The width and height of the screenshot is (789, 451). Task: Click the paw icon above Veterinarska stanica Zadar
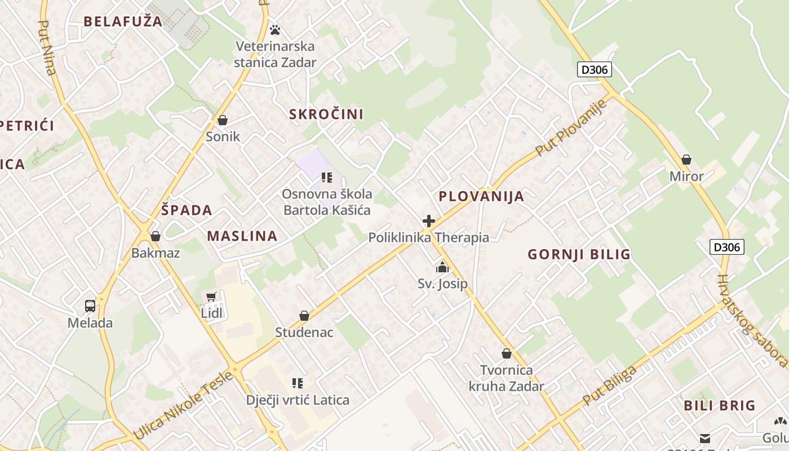[x=275, y=29]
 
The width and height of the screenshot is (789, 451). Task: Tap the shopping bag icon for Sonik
[x=223, y=120]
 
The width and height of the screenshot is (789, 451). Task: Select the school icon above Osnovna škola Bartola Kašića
[x=327, y=178]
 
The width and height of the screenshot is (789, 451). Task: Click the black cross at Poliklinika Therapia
[x=429, y=220]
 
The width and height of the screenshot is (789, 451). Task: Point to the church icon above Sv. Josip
[x=442, y=267]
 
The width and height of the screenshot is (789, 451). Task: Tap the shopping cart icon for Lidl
[x=211, y=297]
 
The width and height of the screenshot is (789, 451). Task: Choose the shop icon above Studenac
[x=304, y=316]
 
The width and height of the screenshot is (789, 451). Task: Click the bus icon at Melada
[x=90, y=306]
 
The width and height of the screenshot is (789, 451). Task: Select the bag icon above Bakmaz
[x=156, y=236]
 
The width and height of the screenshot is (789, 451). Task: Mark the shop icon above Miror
[x=686, y=160]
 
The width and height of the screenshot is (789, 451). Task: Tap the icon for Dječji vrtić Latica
[x=298, y=383]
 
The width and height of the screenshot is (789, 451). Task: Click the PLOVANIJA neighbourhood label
[x=481, y=196]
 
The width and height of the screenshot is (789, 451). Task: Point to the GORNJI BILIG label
[x=579, y=254]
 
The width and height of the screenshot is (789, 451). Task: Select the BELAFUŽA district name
[x=123, y=21]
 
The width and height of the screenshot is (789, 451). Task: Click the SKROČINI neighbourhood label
[x=326, y=114]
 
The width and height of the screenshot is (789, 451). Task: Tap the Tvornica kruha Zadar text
[x=507, y=378]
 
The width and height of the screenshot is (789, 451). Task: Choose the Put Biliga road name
[x=610, y=386]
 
